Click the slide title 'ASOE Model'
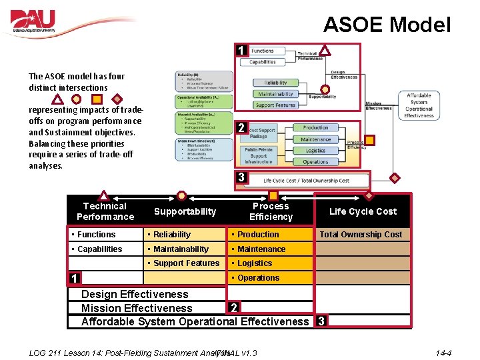pos(387,25)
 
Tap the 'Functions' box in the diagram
pos(263,51)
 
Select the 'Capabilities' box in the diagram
pos(263,62)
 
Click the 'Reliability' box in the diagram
pos(275,83)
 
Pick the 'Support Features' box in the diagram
pos(275,105)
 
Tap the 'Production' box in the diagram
pos(315,128)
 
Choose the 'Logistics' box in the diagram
pos(315,151)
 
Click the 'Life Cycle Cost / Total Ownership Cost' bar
pos(306,181)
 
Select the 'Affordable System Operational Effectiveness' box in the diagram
pos(419,105)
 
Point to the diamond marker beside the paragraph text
pos(117,99)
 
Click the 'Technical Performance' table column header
pos(105,211)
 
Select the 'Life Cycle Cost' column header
pos(363,211)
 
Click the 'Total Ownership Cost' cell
pos(361,234)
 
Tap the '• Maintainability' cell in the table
pos(181,249)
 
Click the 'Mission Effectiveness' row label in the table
pos(137,308)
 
